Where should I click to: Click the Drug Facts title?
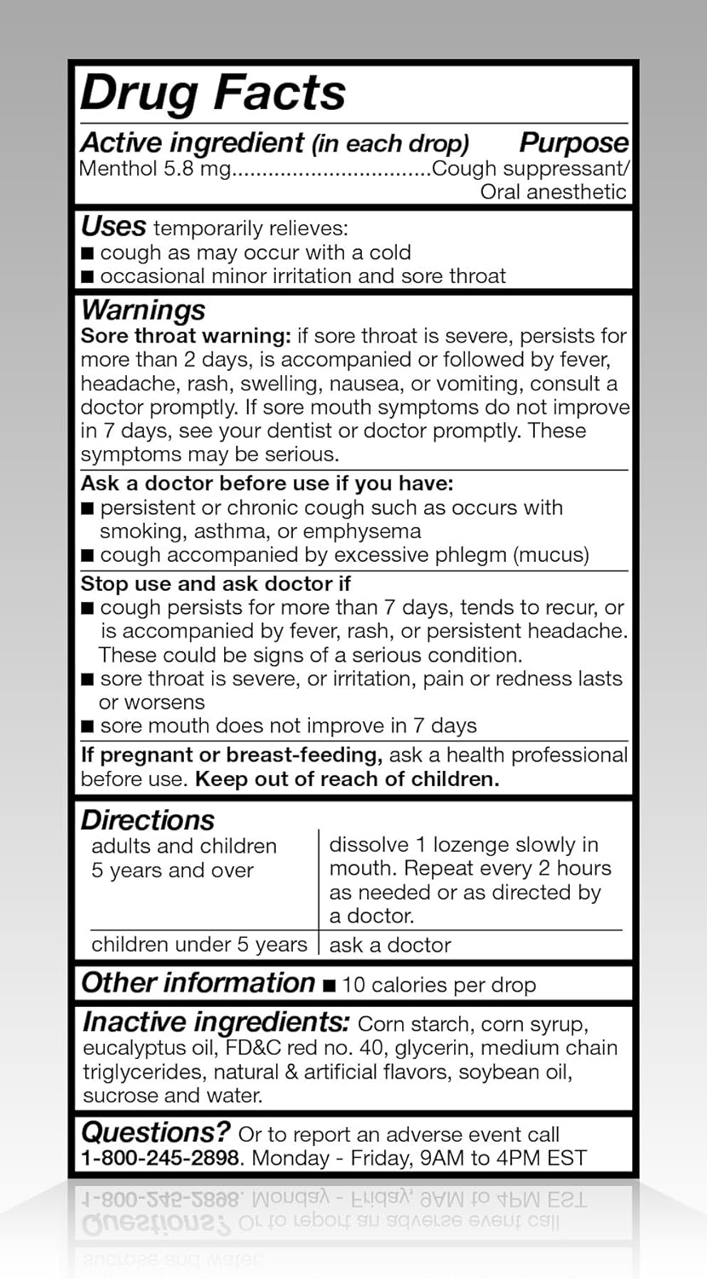(213, 93)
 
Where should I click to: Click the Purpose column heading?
(573, 142)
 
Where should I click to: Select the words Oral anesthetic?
(553, 191)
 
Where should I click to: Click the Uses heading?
(113, 227)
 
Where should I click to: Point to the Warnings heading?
(143, 310)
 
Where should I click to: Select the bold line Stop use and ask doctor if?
(216, 584)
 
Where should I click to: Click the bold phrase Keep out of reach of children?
(347, 779)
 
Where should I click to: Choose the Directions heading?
(147, 820)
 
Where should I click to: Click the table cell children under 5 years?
(198, 945)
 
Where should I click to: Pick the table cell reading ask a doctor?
(390, 945)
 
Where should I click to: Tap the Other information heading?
(198, 983)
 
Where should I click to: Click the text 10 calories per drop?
(439, 986)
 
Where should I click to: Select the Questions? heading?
(156, 1132)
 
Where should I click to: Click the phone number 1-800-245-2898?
(161, 1158)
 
